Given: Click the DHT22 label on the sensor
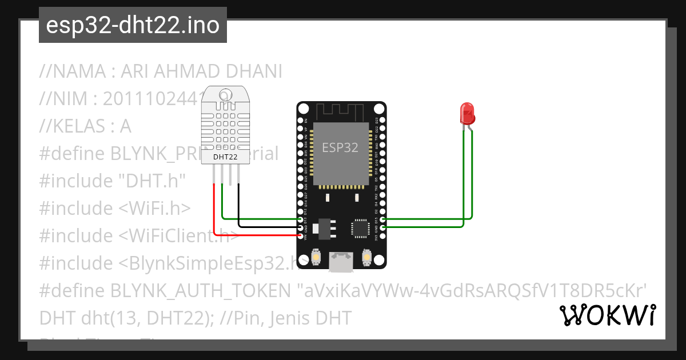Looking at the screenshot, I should tap(226, 156).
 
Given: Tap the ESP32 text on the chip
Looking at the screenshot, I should tap(340, 147).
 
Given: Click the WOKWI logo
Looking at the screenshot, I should tap(608, 315).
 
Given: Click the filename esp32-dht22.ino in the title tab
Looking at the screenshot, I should tap(133, 26).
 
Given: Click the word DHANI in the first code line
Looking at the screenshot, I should tap(254, 72).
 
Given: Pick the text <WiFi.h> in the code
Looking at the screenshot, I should tap(154, 209).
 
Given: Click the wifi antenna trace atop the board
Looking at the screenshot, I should tap(341, 111).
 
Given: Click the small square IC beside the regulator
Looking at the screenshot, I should tap(361, 227).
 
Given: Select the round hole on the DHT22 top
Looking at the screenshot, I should tap(226, 95).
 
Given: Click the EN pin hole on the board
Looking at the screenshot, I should tap(301, 121).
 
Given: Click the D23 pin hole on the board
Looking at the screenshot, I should tap(382, 121).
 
